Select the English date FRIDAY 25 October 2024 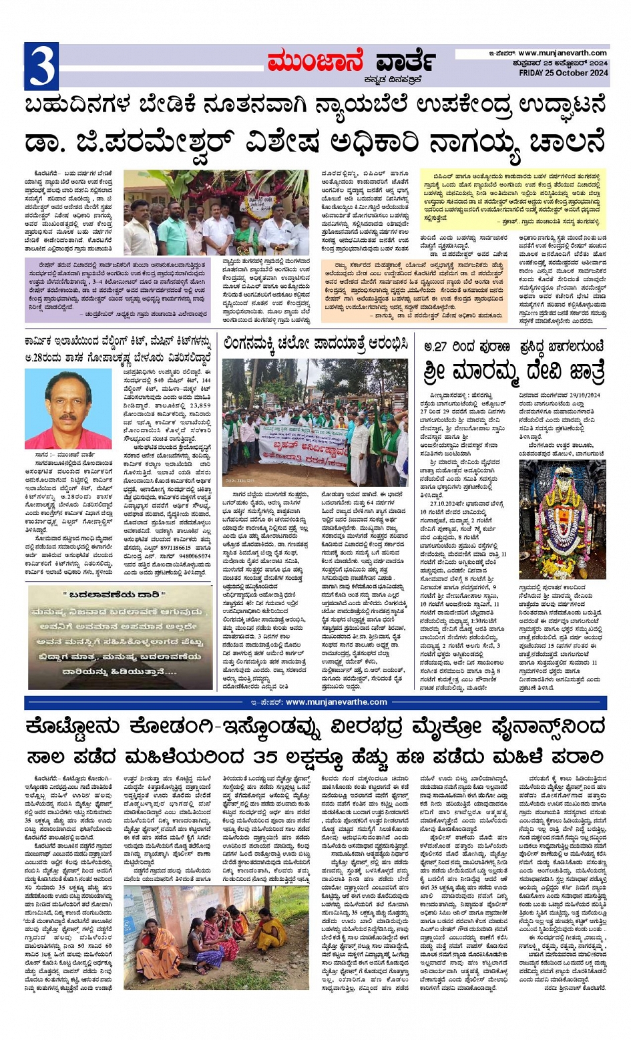(x=564, y=73)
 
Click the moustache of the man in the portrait (x=68, y=417)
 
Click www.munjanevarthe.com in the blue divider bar (x=336, y=702)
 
